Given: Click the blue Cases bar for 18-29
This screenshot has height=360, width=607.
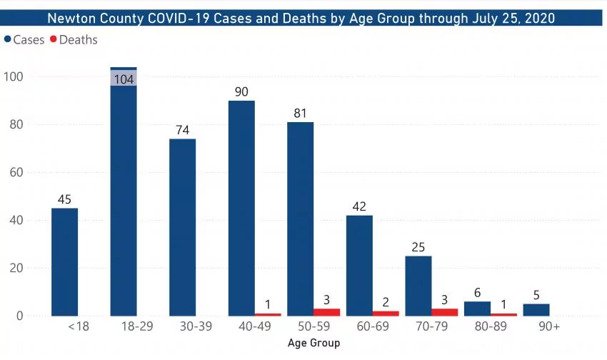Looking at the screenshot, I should (x=124, y=200).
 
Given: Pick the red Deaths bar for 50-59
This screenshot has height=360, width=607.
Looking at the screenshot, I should (x=327, y=312).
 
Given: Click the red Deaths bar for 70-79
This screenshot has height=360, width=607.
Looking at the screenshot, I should (x=445, y=312).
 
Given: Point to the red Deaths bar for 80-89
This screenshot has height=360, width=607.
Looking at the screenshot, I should (x=503, y=314).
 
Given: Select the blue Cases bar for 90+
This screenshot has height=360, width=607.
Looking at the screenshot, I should (x=536, y=310).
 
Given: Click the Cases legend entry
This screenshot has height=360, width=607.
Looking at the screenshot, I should (x=26, y=40).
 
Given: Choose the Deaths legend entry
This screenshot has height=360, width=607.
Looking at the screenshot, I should (x=74, y=40).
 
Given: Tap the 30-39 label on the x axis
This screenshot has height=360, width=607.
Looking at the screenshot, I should (x=182, y=328).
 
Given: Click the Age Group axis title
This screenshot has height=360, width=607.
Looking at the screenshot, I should (x=313, y=343).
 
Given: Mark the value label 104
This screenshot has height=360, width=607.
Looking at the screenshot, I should (x=124, y=79).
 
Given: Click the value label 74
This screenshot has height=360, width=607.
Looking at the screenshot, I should (x=182, y=131).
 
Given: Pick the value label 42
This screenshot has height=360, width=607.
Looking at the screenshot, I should (x=359, y=207).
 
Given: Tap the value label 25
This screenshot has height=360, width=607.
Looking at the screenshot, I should (x=418, y=248).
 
